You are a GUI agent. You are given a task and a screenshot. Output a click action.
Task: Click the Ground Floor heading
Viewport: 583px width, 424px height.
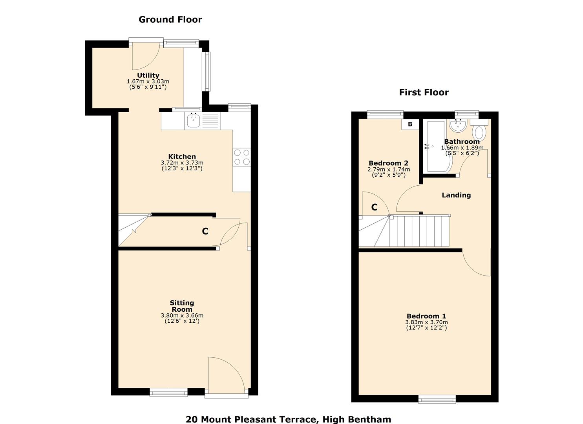point(170,20)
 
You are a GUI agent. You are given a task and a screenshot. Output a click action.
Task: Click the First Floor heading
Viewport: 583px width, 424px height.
point(424,92)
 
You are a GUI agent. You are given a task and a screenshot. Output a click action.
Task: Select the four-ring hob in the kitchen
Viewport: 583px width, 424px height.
point(241,157)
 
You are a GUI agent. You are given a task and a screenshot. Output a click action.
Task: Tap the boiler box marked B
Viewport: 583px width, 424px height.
point(410,124)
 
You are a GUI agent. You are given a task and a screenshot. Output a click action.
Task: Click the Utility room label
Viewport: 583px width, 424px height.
point(148,75)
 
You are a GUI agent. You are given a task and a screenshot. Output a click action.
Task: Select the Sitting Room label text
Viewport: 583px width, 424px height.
point(182,306)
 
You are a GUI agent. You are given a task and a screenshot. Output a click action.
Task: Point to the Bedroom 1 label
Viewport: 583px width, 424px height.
point(426,316)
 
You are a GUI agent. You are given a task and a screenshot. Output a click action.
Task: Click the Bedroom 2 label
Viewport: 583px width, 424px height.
point(388,163)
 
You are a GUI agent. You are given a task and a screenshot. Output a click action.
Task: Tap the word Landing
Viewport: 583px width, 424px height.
point(456,195)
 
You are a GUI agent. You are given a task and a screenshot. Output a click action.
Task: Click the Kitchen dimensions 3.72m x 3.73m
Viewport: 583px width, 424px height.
point(182,163)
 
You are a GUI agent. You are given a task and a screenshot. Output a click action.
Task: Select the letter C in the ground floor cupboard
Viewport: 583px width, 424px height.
point(205,232)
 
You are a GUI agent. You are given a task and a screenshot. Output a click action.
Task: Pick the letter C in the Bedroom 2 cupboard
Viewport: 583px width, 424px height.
point(375,207)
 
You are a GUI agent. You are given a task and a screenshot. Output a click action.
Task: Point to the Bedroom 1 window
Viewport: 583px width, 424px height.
point(437,399)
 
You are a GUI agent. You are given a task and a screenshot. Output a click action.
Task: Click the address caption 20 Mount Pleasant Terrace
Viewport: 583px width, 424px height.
point(288,419)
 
